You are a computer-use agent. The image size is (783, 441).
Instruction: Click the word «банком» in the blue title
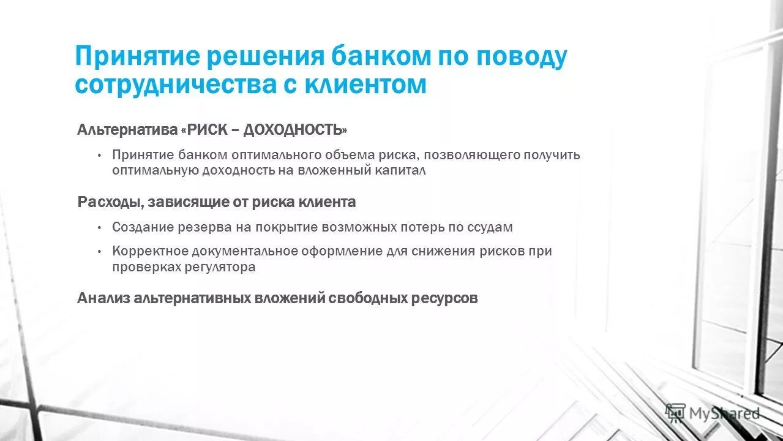click(380, 57)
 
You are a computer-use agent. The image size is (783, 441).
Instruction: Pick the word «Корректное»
click(149, 252)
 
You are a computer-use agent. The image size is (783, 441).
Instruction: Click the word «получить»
click(552, 155)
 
